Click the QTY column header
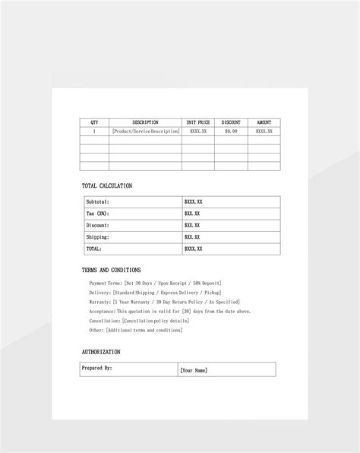pyautogui.click(x=94, y=122)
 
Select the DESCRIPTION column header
pyautogui.click(x=145, y=122)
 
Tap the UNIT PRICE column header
pyautogui.click(x=198, y=122)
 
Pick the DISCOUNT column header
pyautogui.click(x=231, y=122)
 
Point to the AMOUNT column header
pyautogui.click(x=264, y=122)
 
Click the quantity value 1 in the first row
pyautogui.click(x=94, y=131)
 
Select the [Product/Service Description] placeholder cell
pyautogui.click(x=145, y=131)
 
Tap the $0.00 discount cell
pyautogui.click(x=231, y=131)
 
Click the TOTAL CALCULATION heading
pyautogui.click(x=106, y=185)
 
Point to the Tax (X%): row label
pyautogui.click(x=97, y=214)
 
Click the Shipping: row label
pyautogui.click(x=97, y=237)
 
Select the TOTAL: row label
pyautogui.click(x=93, y=249)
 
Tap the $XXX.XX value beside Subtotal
pyautogui.click(x=193, y=202)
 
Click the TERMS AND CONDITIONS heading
pyautogui.click(x=111, y=270)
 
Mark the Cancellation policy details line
pyautogui.click(x=138, y=321)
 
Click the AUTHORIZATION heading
pyautogui.click(x=101, y=352)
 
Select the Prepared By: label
pyautogui.click(x=97, y=368)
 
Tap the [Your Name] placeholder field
pyautogui.click(x=194, y=370)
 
